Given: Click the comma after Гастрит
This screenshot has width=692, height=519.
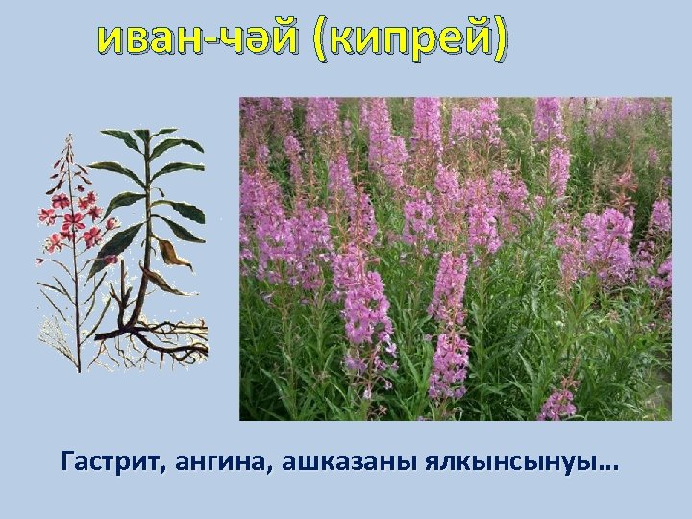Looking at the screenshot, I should [x=165, y=471].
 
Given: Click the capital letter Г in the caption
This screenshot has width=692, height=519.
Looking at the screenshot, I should [x=66, y=463].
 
